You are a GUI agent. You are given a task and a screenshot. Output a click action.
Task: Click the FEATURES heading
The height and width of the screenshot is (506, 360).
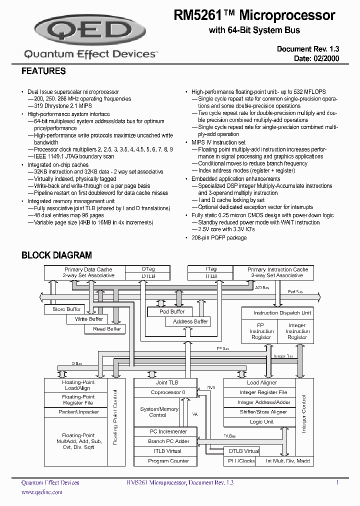(x=43, y=71)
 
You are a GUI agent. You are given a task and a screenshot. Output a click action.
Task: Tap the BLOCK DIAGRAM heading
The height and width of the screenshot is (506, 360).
(x=56, y=255)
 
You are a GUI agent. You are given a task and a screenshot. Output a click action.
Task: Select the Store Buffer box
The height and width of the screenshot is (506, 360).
(x=66, y=309)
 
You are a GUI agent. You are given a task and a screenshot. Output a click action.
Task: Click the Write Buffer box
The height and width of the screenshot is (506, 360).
(x=88, y=319)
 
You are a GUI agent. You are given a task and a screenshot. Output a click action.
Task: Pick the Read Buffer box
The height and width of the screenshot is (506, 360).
(x=106, y=329)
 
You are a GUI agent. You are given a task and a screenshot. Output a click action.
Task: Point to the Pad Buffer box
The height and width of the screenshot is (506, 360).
(x=171, y=311)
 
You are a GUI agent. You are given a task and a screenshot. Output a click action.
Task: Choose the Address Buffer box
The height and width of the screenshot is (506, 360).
(x=190, y=321)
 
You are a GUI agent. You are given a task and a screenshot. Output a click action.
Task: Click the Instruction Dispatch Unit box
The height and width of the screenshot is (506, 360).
(x=282, y=312)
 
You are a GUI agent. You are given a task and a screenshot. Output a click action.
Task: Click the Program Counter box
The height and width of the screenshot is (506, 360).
(x=168, y=461)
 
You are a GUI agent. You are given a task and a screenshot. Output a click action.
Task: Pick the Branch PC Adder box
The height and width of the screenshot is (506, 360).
(x=168, y=441)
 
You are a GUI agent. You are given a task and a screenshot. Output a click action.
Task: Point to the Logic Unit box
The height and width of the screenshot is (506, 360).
(x=261, y=422)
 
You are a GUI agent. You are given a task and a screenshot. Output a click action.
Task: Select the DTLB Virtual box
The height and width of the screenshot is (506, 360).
(x=244, y=451)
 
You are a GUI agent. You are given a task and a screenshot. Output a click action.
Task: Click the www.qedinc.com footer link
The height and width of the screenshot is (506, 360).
(x=42, y=492)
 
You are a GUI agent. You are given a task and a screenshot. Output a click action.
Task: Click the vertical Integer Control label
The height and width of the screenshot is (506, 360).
(x=303, y=413)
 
